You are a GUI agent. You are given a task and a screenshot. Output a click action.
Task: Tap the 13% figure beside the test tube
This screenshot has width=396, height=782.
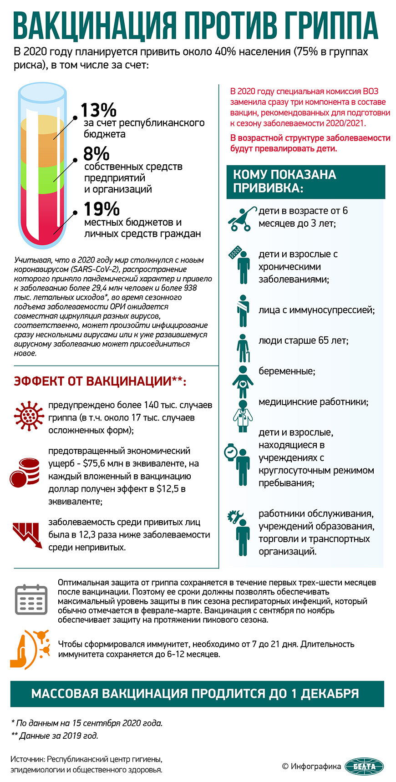point(98,110)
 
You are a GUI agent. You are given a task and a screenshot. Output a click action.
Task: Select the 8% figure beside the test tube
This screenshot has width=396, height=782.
point(96,153)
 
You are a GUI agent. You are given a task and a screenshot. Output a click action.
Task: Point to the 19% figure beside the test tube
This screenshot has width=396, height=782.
point(102,209)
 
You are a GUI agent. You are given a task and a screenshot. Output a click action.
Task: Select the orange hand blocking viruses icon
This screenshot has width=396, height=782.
point(30,649)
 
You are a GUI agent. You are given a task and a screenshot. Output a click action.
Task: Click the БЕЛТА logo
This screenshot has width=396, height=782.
point(364,766)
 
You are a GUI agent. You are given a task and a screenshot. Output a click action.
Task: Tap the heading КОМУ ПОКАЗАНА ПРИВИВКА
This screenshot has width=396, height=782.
point(284,181)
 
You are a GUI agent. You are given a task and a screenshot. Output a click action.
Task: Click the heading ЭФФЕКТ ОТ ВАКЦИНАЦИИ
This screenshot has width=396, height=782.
point(100,381)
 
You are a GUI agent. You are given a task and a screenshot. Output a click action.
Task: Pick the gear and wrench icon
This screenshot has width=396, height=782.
point(235,516)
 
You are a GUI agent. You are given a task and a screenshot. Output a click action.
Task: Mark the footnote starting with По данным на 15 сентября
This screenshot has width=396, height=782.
point(86,723)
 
